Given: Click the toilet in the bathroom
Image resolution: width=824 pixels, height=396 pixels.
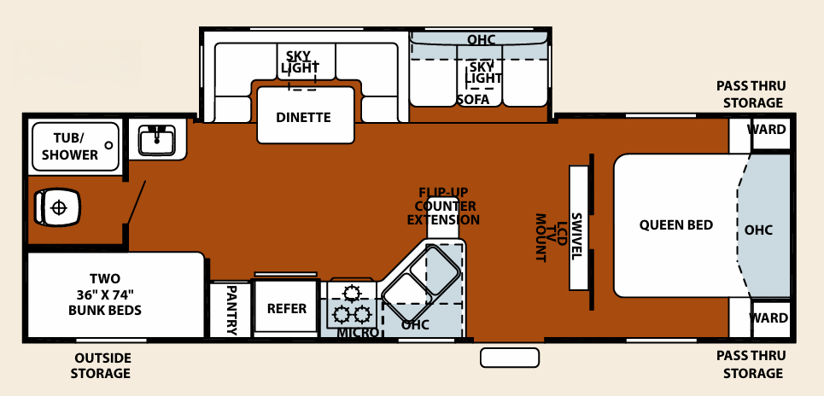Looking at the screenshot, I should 56,207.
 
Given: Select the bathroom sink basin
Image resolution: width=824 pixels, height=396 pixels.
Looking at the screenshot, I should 156,137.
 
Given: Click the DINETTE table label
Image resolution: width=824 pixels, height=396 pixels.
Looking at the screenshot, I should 303,117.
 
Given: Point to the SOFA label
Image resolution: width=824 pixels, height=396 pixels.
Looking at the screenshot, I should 473,99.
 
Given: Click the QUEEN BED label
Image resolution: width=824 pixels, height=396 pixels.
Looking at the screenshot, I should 675,225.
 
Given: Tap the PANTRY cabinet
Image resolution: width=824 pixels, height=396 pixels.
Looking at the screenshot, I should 231,309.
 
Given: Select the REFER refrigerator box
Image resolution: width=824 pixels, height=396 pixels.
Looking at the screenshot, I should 287,308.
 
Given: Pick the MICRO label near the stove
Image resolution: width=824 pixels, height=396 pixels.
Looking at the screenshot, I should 358,332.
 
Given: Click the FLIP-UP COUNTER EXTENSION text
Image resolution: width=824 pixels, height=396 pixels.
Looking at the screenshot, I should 443,206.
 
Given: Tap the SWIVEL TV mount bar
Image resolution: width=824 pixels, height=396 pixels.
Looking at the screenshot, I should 577,225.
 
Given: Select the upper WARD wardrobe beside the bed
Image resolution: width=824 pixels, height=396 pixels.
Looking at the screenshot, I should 768,131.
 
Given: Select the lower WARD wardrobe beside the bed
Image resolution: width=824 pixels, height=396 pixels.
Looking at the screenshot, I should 768,318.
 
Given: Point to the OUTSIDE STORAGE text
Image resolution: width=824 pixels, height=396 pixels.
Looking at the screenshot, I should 102,364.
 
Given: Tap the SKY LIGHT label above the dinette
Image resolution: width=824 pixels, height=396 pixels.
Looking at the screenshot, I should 298,60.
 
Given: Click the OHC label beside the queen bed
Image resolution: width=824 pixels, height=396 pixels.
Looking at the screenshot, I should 758,230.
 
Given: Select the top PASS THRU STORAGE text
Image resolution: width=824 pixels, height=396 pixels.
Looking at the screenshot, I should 750,94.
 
